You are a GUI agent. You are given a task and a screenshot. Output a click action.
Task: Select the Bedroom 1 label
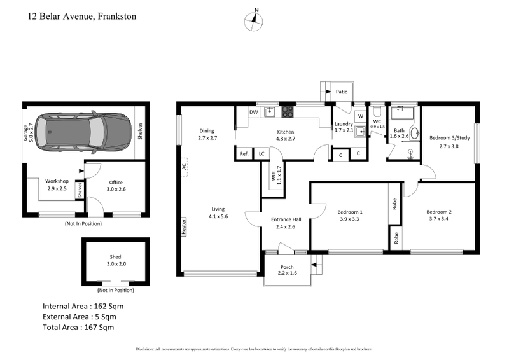(350, 216)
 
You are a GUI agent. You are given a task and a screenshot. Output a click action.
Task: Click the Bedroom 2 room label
(439, 216)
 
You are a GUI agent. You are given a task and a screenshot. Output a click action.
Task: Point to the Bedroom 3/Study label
(448, 141)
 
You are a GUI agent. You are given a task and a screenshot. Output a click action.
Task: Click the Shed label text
(115, 261)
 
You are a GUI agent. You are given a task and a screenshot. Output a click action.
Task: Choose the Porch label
(288, 270)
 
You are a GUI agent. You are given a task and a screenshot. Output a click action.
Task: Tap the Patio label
(342, 92)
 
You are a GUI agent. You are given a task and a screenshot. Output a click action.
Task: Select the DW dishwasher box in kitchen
(253, 113)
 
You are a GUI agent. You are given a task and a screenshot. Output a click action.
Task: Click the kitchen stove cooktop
(288, 112)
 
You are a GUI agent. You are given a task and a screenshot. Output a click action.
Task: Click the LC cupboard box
(261, 153)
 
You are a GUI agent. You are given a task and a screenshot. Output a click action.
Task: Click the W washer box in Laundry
(359, 116)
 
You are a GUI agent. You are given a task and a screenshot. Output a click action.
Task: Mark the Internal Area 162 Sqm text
(83, 306)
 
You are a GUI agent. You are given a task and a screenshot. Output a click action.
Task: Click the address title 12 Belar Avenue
(81, 16)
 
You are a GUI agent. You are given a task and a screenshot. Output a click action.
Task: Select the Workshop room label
(57, 185)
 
